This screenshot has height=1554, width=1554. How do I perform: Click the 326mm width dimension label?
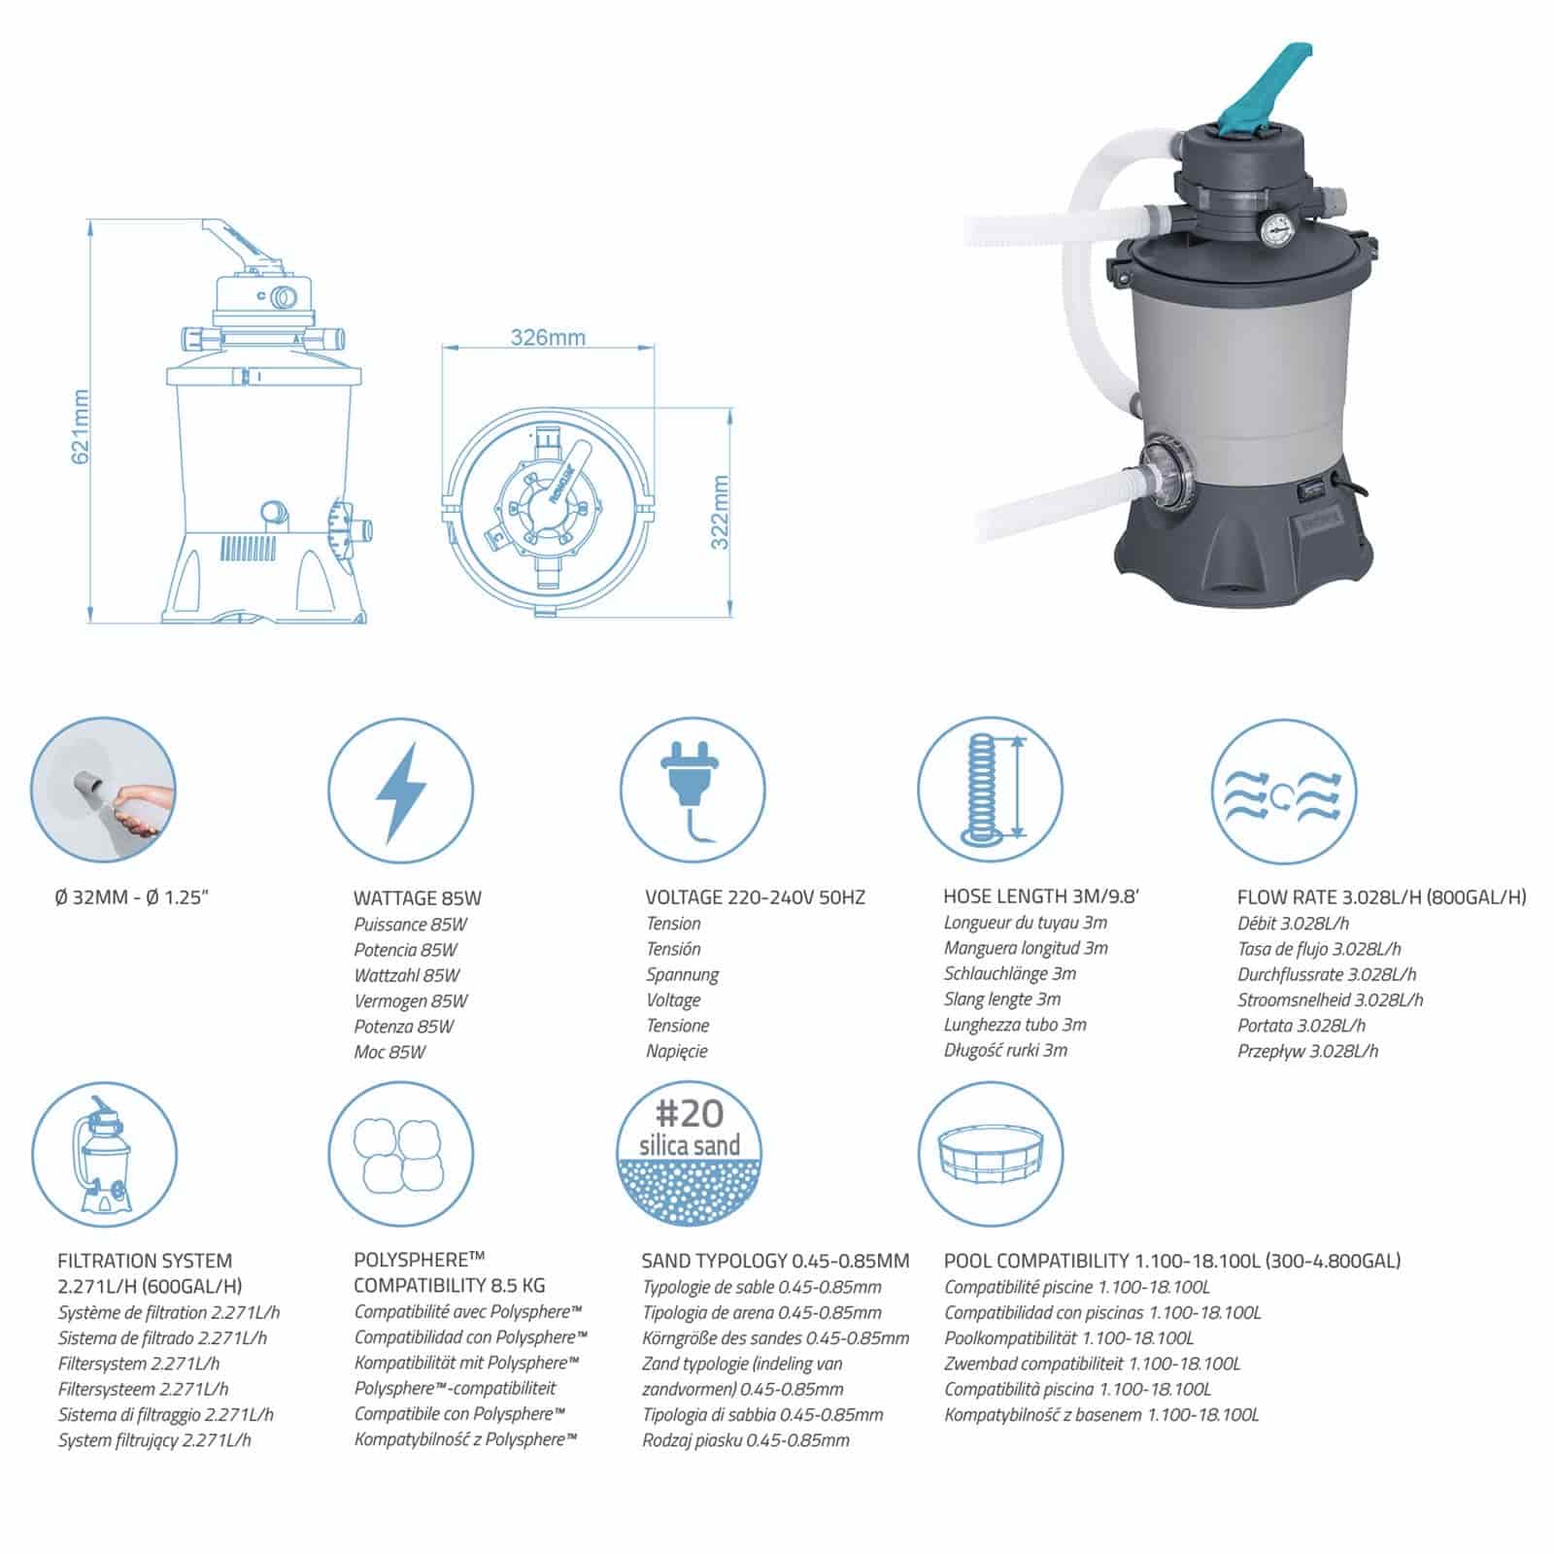[x=548, y=337]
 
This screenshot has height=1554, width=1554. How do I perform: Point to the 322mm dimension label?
[x=719, y=512]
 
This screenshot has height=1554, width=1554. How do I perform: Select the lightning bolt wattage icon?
[x=400, y=793]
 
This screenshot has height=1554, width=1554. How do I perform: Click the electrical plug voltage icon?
[x=693, y=793]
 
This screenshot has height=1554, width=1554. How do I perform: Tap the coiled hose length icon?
[x=990, y=793]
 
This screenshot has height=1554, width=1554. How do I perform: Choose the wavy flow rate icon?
[x=1284, y=793]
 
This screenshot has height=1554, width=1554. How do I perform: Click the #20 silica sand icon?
[x=690, y=1155]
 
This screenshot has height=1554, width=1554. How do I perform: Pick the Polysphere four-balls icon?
[x=400, y=1155]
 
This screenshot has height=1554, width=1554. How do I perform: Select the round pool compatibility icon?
[x=990, y=1155]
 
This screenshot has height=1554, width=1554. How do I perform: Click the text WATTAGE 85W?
[x=418, y=898]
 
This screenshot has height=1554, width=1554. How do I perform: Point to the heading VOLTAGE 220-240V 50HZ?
[x=755, y=897]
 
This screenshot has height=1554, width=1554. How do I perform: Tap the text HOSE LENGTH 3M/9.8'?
[x=1040, y=896]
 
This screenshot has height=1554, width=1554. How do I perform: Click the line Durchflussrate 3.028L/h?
[x=1327, y=974]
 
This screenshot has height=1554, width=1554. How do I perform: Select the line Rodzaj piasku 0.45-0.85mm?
[x=746, y=1440]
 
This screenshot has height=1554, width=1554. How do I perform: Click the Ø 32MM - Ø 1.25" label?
[x=132, y=896]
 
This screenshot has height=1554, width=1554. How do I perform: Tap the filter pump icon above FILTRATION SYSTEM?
[x=104, y=1155]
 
